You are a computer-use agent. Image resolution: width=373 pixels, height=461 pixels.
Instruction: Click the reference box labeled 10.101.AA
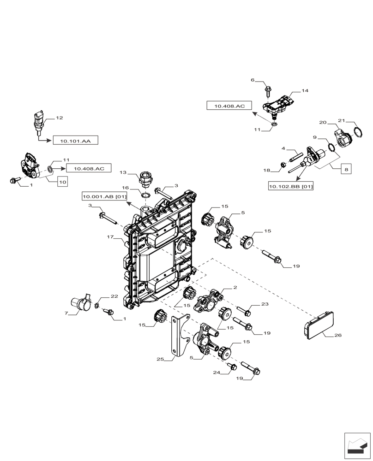coord(76,141)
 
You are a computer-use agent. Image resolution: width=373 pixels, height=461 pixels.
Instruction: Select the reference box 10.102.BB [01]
coord(291,186)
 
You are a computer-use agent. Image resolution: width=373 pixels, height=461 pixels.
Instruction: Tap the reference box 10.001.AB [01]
coord(105,197)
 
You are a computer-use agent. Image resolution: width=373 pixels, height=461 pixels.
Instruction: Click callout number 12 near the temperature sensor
coord(59,118)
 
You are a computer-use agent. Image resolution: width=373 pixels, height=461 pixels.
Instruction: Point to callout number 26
coord(338,335)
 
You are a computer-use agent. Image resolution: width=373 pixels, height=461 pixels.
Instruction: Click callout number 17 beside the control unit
coord(110,237)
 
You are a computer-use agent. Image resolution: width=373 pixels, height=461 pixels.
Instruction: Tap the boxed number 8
coord(346,169)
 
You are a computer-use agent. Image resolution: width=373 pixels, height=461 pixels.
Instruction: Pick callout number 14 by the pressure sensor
coord(305,91)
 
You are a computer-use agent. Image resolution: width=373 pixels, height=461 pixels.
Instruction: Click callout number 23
coord(265,304)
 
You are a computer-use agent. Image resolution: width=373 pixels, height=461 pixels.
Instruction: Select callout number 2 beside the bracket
coord(235,287)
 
